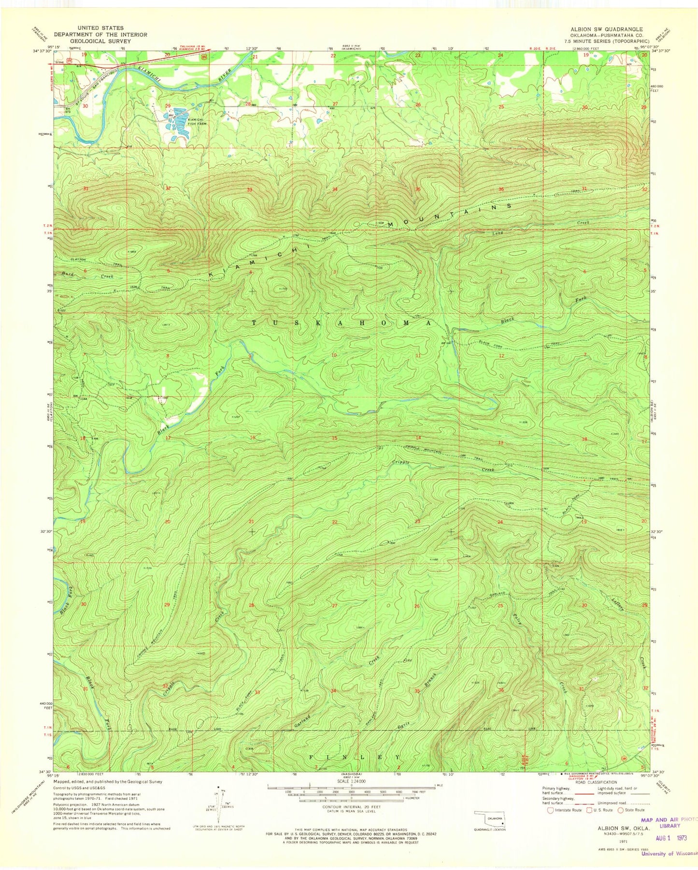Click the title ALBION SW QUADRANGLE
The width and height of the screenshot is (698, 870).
point(606,29)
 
